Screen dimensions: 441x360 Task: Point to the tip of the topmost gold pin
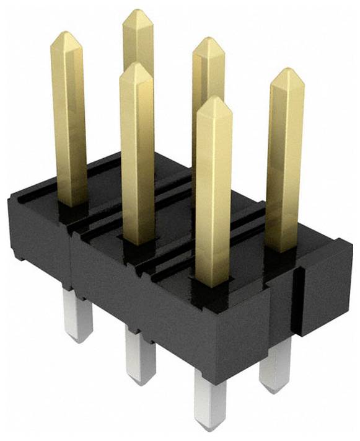[138, 11]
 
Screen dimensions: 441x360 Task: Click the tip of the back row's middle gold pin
[208, 40]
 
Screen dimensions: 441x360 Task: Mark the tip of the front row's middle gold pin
[136, 65]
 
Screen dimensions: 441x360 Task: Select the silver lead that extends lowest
[209, 397]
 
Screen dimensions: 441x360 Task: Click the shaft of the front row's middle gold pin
[137, 155]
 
